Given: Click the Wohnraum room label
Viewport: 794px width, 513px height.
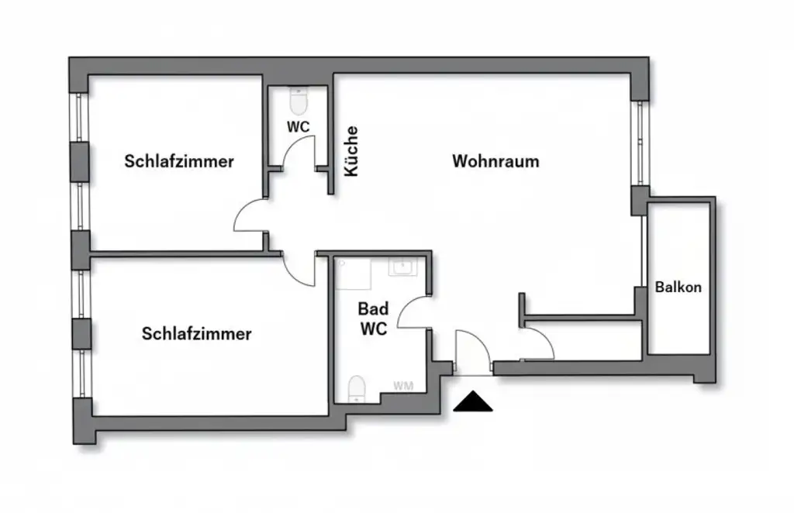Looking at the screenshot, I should coord(495,162).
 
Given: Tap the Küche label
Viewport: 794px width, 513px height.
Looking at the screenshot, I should coord(351,151).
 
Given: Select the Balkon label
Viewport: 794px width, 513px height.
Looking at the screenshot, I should coord(678,287).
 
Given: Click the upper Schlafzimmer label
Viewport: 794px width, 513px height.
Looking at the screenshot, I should coord(179,162).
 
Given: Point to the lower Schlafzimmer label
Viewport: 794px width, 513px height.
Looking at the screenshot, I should coord(196,334).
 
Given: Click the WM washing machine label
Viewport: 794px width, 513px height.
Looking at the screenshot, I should coord(402,385).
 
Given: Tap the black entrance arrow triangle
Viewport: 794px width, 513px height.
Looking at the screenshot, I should coord(473,403).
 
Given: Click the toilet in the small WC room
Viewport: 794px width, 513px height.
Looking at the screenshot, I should coord(299,101).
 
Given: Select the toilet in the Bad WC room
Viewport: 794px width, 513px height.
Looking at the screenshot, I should coord(356,387).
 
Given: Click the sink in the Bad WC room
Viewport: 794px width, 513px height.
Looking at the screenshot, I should coord(402,267).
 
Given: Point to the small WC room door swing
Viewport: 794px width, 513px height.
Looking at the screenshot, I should coord(301,151).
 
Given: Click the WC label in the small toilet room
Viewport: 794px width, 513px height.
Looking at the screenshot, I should coord(298,126).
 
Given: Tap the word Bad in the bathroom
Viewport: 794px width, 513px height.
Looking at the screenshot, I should coord(373,308).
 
